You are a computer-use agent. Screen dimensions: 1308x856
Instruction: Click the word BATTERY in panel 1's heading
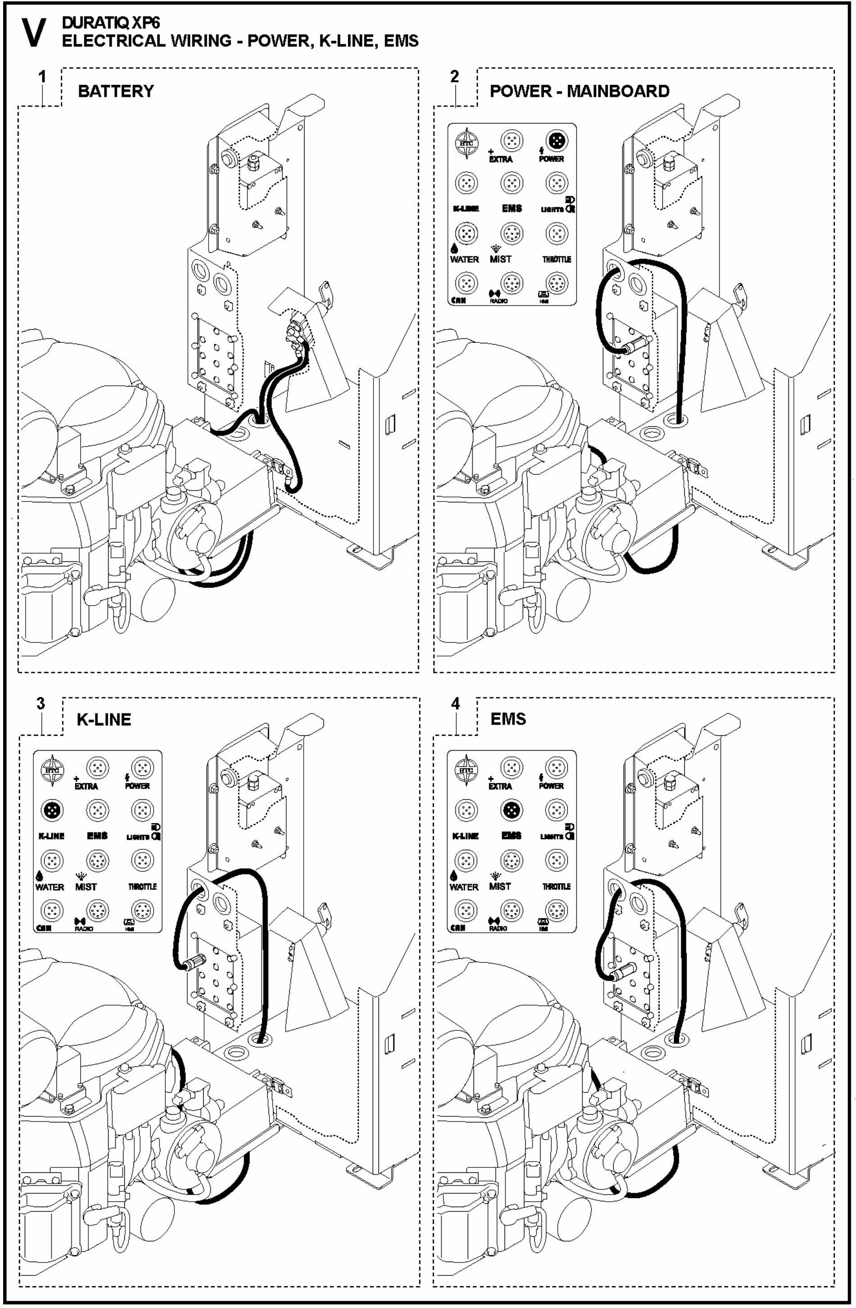pos(116,91)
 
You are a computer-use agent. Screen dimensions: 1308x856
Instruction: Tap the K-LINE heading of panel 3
pos(104,720)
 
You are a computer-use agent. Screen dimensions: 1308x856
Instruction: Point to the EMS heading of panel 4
pos(508,719)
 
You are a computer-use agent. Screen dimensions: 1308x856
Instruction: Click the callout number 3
pos(40,703)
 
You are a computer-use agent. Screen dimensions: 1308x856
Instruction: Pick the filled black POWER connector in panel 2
pos(556,141)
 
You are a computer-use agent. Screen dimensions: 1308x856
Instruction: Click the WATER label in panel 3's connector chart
pos(50,887)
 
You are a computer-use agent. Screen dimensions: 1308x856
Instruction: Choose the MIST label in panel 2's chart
pos(500,259)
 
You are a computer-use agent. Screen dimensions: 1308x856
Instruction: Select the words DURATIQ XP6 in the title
pos(110,23)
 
